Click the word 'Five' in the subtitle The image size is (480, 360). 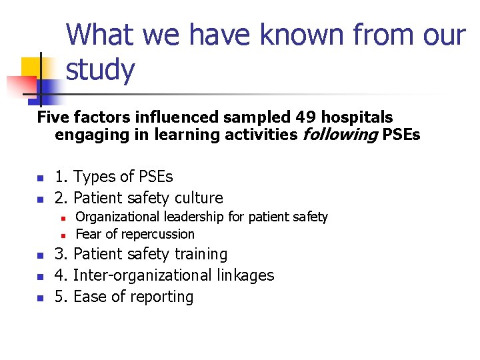point(53,117)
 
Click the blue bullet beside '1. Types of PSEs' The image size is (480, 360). point(40,178)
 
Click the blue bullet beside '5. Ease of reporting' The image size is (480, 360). point(40,298)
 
